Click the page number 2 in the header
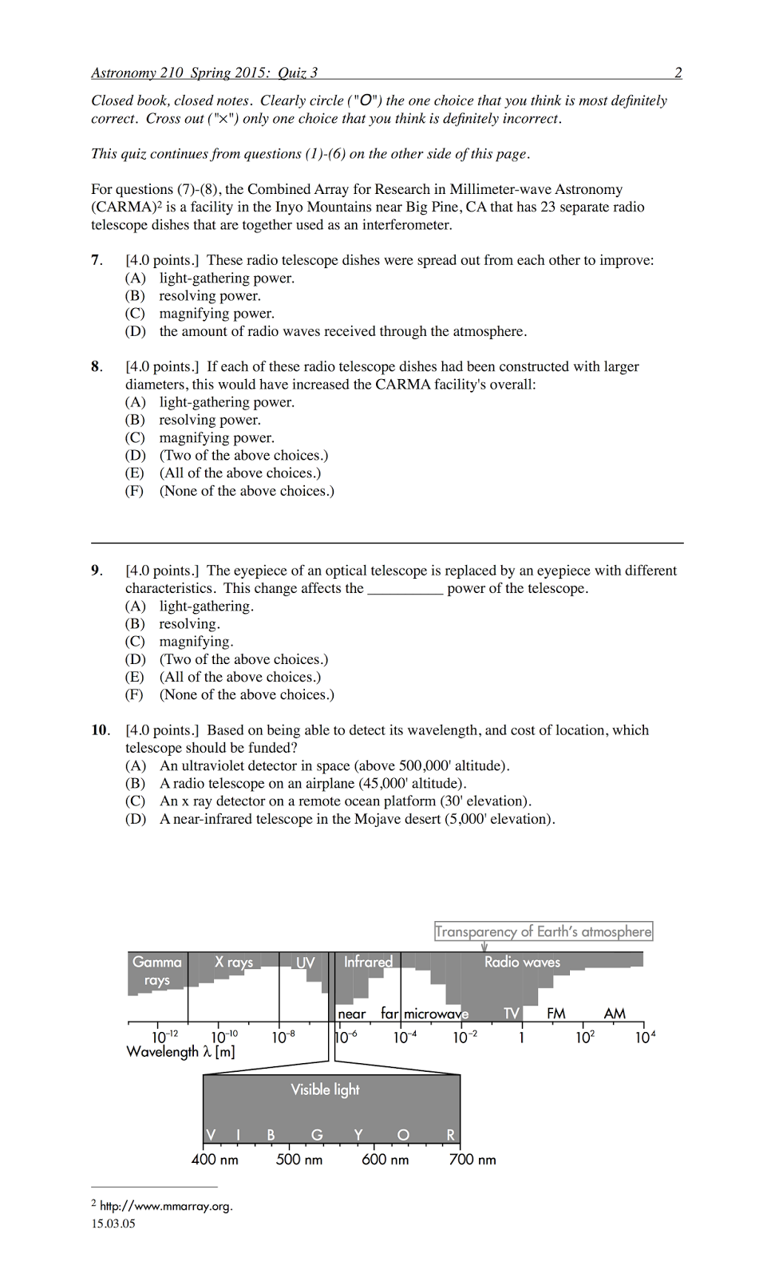[x=678, y=73]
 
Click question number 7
[x=96, y=260]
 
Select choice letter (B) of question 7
[x=135, y=296]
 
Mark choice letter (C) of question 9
[x=135, y=642]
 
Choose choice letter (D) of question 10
[x=135, y=819]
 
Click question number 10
[x=100, y=730]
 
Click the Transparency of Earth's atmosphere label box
[x=543, y=931]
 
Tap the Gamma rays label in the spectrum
[x=157, y=971]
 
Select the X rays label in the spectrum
[x=233, y=962]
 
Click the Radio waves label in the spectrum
[x=522, y=963]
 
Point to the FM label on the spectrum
[x=556, y=1014]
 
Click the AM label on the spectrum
[x=615, y=1014]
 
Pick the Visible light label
[x=325, y=1089]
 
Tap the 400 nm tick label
[x=215, y=1160]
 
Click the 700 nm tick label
[x=473, y=1160]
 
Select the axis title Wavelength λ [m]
[x=180, y=1052]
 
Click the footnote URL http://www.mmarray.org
[x=166, y=1206]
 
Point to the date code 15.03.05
[x=113, y=1224]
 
